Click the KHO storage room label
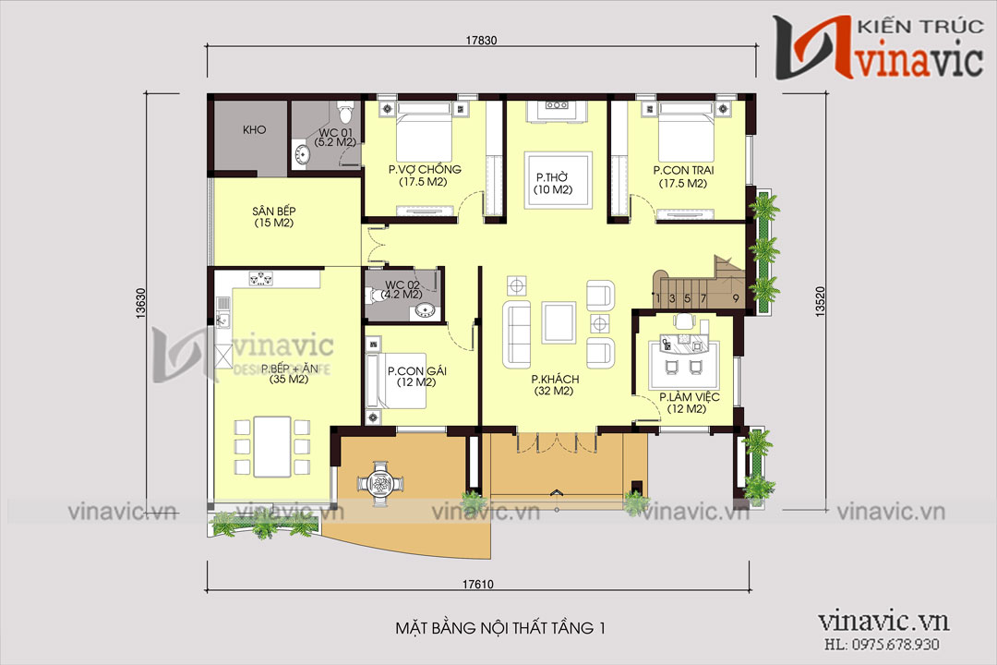(255, 130)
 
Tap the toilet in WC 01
(345, 114)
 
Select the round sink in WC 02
(425, 308)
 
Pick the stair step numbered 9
(736, 298)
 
